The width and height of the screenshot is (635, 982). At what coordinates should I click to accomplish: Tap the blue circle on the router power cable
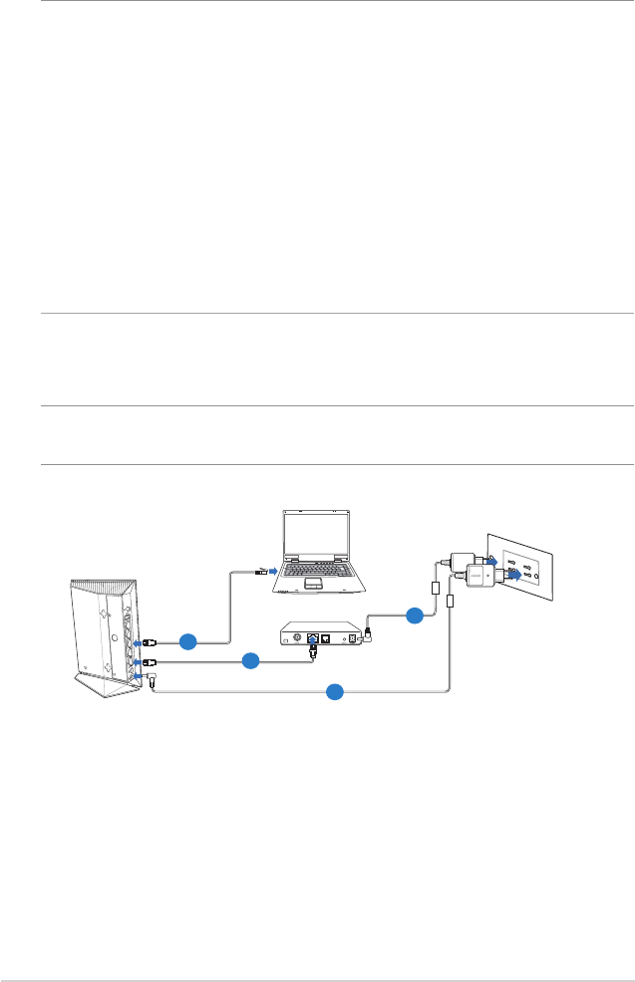[x=336, y=690]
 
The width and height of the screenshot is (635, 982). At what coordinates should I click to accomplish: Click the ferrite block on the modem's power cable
[x=435, y=590]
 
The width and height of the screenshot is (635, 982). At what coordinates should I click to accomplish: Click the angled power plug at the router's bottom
[x=153, y=681]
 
